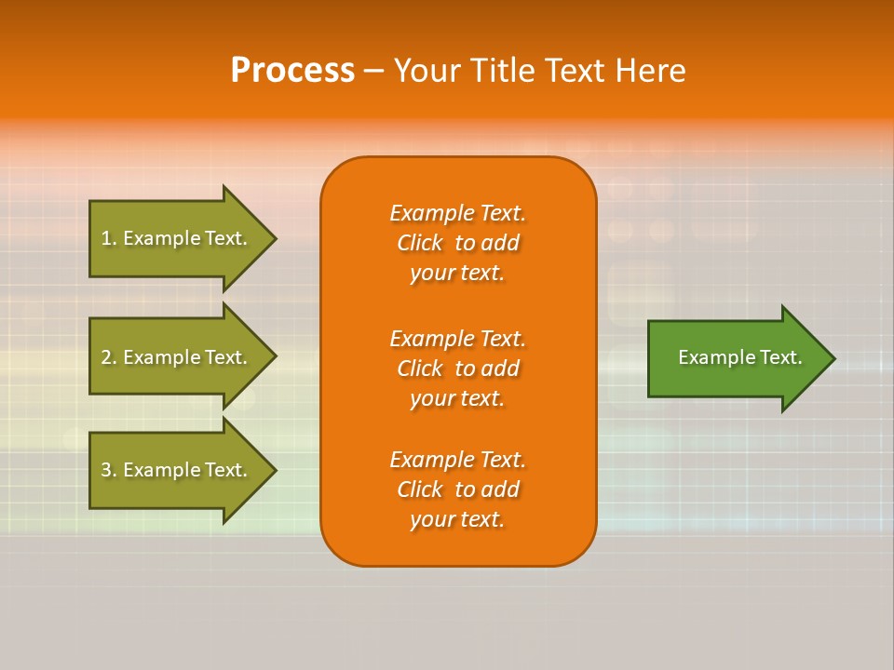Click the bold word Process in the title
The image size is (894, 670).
[292, 71]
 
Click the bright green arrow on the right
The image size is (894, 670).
[736, 358]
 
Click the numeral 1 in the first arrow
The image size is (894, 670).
[105, 238]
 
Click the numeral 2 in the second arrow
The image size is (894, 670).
[106, 357]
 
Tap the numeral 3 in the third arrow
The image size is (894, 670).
[106, 470]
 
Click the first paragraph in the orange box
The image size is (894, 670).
[457, 243]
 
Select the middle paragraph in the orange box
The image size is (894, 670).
[457, 368]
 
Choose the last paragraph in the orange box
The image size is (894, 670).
[457, 489]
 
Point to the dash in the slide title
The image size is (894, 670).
[373, 71]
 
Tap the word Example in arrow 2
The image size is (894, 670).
[161, 357]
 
